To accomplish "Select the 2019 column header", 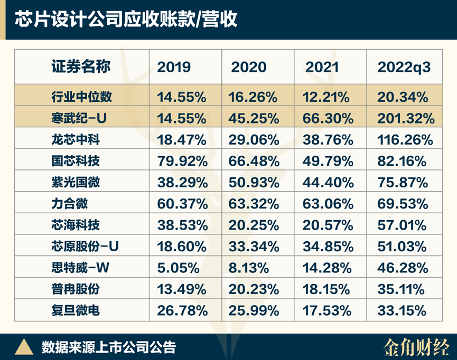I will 174,67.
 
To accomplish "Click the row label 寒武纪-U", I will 80,118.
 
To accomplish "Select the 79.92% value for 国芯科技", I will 181,161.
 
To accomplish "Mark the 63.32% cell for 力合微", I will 254,204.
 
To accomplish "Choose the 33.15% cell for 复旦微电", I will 402,310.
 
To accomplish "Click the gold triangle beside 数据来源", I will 24,347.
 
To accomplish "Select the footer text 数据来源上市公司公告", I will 108,347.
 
